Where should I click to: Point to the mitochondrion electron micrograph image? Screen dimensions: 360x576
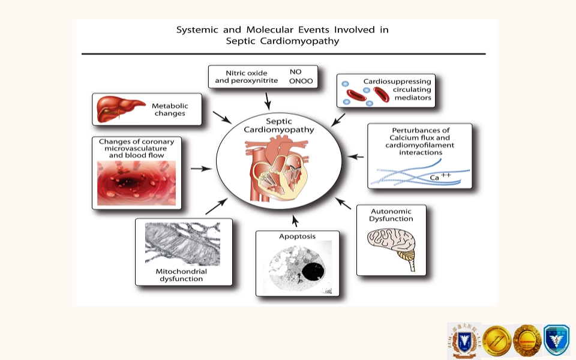tap(182, 244)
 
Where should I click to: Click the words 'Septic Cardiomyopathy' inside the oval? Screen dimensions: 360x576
tap(278, 125)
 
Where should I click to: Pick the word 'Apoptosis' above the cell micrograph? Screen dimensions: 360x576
tap(297, 236)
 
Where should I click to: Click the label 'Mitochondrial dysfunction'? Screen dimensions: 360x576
tap(181, 275)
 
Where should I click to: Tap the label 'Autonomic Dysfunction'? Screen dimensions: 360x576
tap(392, 215)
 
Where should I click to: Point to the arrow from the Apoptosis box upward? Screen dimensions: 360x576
tap(295, 220)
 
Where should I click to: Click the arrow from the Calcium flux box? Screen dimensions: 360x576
tap(356, 157)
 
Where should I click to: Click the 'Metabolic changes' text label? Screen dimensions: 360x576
tap(170, 110)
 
